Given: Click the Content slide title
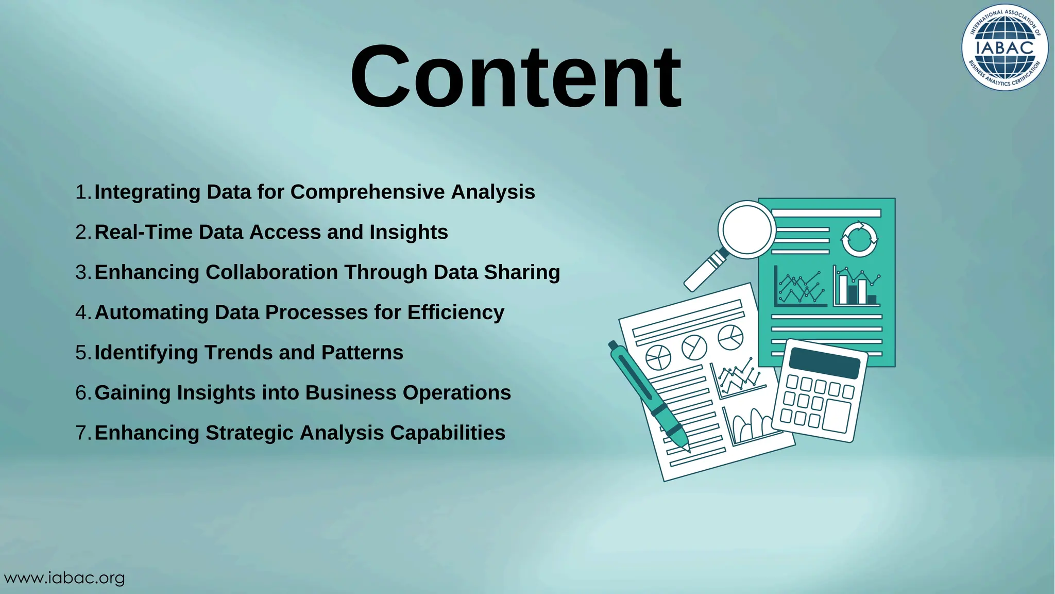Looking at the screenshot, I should coord(516,77).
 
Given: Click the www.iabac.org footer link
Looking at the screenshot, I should coord(64,578).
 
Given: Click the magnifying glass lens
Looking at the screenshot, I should coord(746,229).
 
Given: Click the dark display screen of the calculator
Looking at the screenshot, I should coord(824,363).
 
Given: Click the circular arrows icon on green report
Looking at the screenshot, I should coord(859,239).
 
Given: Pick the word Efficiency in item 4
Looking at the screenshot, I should coord(455,312).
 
